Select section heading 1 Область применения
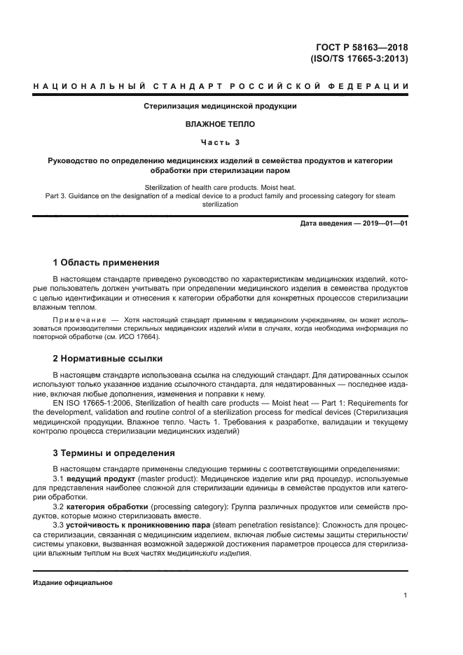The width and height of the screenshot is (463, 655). (106, 263)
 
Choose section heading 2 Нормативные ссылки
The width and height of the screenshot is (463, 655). (108, 358)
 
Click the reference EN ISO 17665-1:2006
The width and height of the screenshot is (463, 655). (94, 403)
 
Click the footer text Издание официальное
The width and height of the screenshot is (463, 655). (73, 582)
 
